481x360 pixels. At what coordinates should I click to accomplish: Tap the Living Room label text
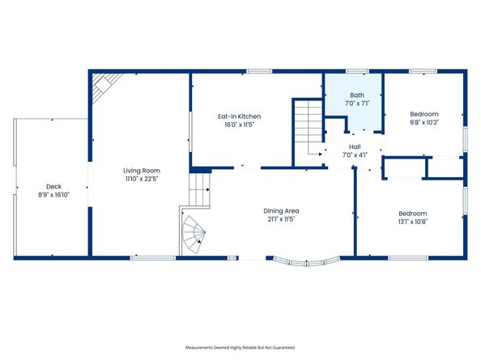pos(141,171)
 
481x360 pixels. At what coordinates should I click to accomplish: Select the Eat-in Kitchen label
pos(239,116)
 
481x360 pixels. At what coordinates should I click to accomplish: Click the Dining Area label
pos(281,211)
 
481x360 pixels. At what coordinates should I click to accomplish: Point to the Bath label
pos(354,95)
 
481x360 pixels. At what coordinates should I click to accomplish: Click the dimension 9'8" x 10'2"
pos(424,124)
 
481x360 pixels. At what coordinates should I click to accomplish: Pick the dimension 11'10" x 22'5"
pos(141,179)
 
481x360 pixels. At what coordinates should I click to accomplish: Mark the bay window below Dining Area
pos(305,260)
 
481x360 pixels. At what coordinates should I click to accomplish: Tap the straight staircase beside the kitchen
pos(307,129)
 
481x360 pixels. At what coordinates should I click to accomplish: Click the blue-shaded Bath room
pos(354,109)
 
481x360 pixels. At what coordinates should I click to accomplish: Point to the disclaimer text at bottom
pos(240,346)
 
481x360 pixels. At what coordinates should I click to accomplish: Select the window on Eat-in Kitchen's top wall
pos(259,71)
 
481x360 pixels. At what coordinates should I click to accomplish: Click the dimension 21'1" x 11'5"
pos(281,219)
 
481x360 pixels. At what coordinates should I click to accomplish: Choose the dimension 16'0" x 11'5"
pos(239,125)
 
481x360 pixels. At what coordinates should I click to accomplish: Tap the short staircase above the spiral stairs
pos(198,192)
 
